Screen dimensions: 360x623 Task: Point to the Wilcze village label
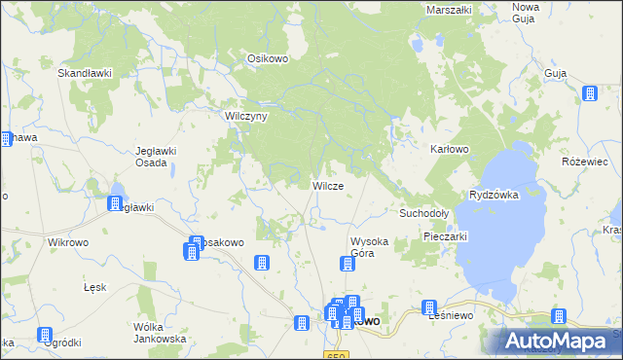pyautogui.click(x=327, y=185)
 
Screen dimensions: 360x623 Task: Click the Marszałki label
pyautogui.click(x=449, y=10)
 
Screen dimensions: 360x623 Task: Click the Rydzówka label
pyautogui.click(x=495, y=195)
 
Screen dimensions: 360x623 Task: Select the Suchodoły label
pyautogui.click(x=423, y=212)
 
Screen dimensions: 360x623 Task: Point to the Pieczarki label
pyautogui.click(x=447, y=235)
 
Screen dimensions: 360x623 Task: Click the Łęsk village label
pyautogui.click(x=94, y=289)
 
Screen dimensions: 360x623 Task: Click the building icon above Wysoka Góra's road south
pyautogui.click(x=347, y=264)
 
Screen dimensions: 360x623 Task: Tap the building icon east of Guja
pyautogui.click(x=589, y=93)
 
